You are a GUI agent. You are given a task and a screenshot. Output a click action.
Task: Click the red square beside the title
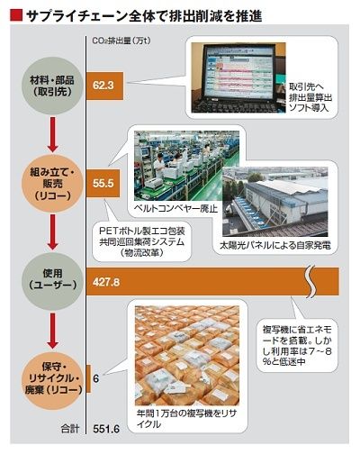click(16, 15)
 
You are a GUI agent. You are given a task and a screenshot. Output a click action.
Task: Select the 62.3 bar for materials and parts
click(105, 86)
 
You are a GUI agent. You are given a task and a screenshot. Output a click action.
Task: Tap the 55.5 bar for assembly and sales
click(103, 183)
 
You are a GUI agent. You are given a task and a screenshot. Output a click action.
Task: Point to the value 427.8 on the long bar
click(106, 282)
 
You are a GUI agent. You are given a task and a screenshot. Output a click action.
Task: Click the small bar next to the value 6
click(88, 378)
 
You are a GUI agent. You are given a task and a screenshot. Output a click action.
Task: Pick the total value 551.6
click(106, 429)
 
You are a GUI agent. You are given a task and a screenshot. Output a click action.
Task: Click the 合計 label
click(70, 429)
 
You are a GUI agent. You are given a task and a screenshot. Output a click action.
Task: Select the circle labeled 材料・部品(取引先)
click(52, 86)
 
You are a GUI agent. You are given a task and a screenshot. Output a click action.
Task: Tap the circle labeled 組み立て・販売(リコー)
click(52, 184)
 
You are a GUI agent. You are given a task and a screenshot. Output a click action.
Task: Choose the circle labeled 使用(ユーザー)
click(52, 281)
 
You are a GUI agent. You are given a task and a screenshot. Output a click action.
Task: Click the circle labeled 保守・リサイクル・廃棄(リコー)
click(52, 379)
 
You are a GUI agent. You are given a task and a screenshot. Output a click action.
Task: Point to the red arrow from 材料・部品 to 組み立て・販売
click(53, 134)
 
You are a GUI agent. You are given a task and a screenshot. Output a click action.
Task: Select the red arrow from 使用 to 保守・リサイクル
click(53, 330)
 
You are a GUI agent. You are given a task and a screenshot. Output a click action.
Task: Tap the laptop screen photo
click(238, 77)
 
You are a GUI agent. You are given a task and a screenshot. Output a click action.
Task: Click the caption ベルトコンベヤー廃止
click(175, 208)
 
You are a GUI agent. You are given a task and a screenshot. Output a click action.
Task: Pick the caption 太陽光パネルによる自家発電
click(275, 245)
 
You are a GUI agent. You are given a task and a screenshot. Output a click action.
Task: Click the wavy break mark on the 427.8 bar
click(312, 282)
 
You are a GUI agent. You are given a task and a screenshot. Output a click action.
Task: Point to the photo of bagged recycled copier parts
click(187, 355)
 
